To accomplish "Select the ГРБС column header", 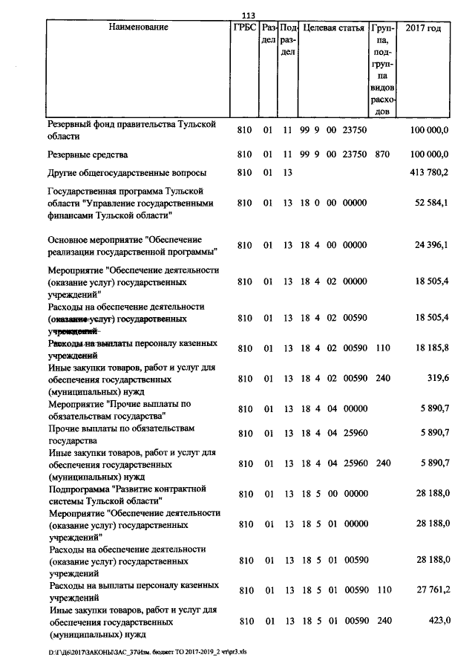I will tap(245, 27).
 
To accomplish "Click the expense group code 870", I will tap(382, 154).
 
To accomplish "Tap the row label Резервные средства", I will tap(88, 154).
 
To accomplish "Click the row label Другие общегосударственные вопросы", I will tap(127, 173).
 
